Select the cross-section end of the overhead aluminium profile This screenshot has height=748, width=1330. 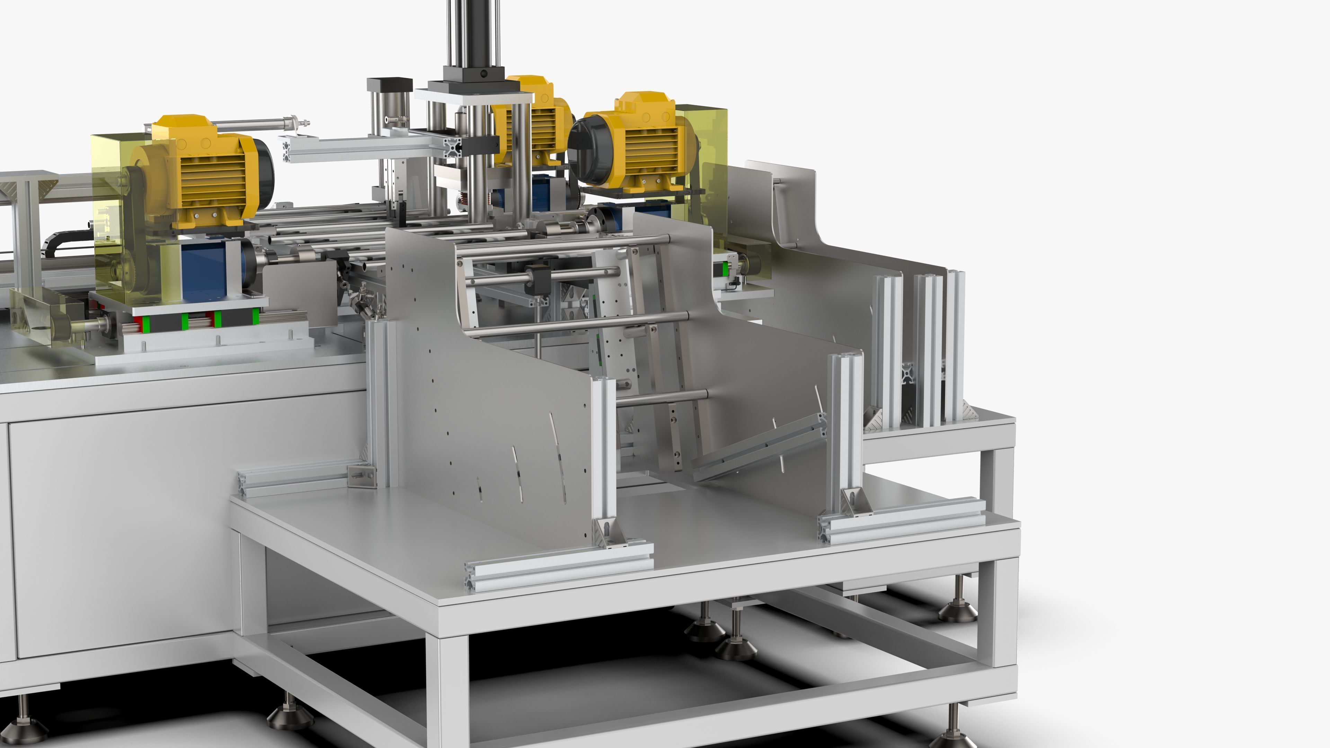click(454, 147)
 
